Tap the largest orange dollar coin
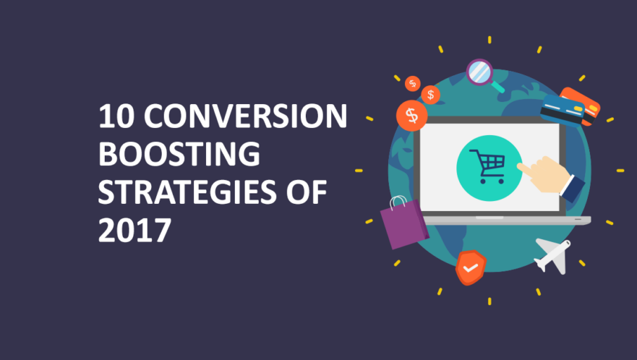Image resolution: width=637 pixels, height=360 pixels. click(x=412, y=115)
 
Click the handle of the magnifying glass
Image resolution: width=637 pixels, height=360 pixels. click(x=499, y=87)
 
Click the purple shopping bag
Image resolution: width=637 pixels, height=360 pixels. click(x=404, y=224)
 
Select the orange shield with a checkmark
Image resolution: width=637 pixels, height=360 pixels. click(x=470, y=267)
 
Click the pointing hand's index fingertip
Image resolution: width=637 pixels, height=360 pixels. click(x=521, y=167)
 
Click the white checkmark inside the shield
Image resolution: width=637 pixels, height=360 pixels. click(x=470, y=268)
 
